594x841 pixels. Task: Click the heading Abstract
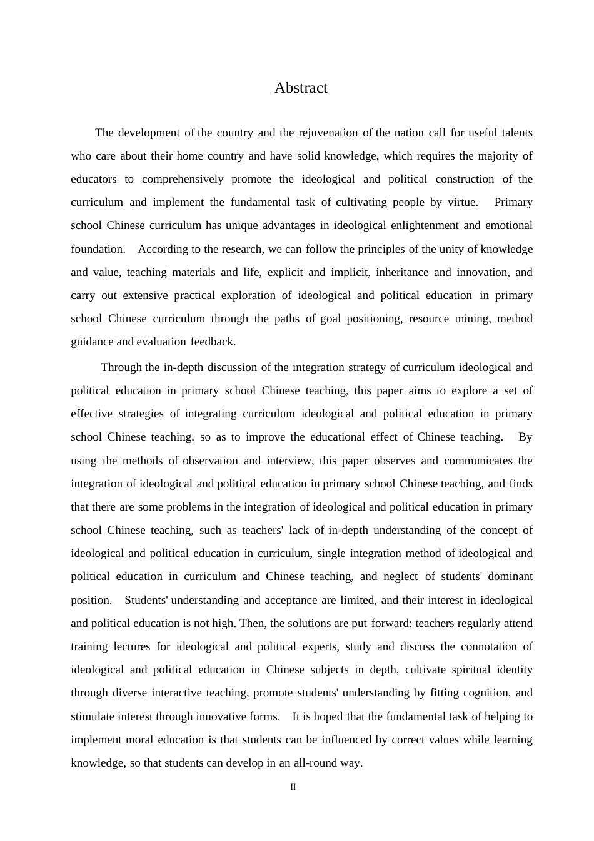tap(301, 88)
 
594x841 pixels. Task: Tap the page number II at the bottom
tap(293, 787)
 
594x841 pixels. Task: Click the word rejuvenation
tap(328, 133)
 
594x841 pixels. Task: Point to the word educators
tap(93, 179)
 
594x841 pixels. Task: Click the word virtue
tap(462, 202)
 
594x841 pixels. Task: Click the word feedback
tap(213, 342)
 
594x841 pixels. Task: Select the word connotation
tap(486, 646)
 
